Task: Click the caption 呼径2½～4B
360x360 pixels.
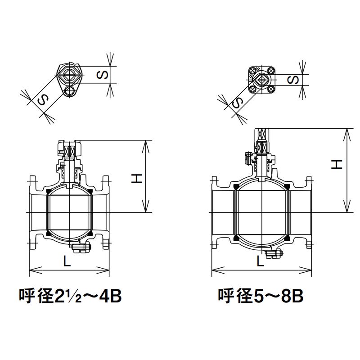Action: (70, 296)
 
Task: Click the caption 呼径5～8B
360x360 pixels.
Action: (261, 296)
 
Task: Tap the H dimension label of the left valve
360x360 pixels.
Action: (137, 178)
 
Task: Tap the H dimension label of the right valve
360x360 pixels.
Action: (337, 164)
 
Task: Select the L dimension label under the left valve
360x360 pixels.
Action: (67, 261)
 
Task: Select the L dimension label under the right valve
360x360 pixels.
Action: (260, 261)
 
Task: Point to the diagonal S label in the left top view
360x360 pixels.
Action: (43, 100)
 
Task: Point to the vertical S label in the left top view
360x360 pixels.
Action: (103, 75)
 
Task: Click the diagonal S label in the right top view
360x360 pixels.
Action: (238, 103)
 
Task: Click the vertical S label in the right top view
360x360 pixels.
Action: (293, 80)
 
